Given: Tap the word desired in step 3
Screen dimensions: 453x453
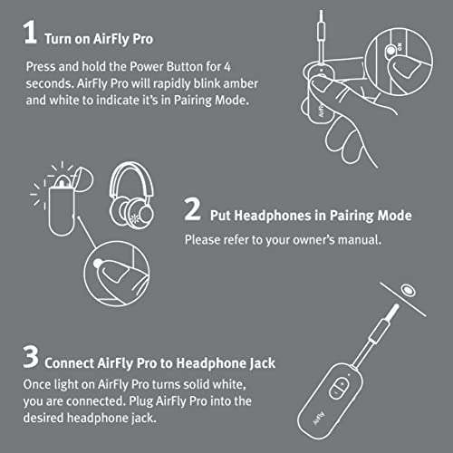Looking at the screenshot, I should click(70, 419).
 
